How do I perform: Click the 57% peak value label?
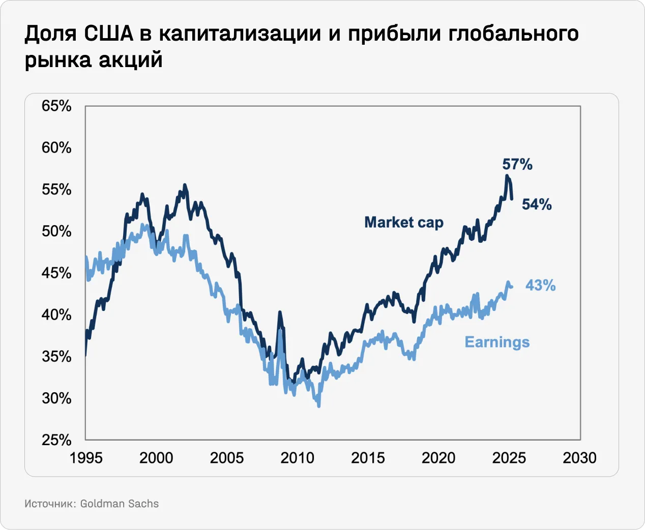(517, 164)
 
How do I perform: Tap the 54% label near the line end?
(537, 204)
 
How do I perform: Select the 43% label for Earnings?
(540, 285)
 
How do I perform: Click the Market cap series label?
(404, 223)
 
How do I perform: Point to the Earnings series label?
(497, 342)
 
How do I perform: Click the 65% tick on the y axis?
(56, 106)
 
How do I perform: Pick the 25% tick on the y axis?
(56, 440)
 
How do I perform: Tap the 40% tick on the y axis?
(56, 315)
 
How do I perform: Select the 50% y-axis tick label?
(56, 231)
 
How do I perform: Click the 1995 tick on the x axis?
(86, 458)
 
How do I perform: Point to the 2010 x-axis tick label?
(298, 458)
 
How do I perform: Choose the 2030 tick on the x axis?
(579, 458)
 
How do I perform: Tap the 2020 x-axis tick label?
(438, 458)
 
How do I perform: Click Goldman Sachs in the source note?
(120, 504)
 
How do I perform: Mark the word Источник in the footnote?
(49, 504)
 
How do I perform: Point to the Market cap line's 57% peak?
(507, 176)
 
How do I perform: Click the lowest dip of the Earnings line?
(319, 406)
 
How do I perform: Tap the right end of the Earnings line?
(511, 287)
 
